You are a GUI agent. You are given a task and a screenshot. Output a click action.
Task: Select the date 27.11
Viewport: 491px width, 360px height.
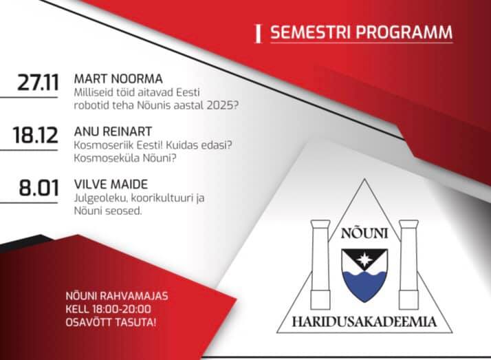38,83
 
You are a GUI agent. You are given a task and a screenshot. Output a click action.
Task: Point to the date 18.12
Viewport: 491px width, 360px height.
35,136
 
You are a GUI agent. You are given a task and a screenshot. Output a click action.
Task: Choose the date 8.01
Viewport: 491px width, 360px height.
39,188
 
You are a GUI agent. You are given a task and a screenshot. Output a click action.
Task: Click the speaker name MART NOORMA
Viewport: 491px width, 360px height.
118,78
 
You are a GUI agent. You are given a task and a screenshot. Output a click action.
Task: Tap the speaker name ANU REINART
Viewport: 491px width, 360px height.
113,131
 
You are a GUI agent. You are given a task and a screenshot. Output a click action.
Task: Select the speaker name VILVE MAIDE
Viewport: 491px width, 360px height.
111,184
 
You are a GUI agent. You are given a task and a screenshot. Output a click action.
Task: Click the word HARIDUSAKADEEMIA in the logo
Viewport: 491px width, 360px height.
364,321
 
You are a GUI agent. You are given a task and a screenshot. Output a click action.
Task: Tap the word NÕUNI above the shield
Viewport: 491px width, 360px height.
364,233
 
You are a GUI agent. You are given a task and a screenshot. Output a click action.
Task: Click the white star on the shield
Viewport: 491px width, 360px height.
364,260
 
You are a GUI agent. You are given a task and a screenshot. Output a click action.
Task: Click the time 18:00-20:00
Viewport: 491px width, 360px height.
122,309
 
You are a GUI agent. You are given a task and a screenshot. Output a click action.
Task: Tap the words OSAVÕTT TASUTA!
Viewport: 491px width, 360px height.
111,322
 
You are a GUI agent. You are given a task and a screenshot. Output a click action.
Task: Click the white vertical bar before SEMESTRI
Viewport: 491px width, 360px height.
259,34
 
